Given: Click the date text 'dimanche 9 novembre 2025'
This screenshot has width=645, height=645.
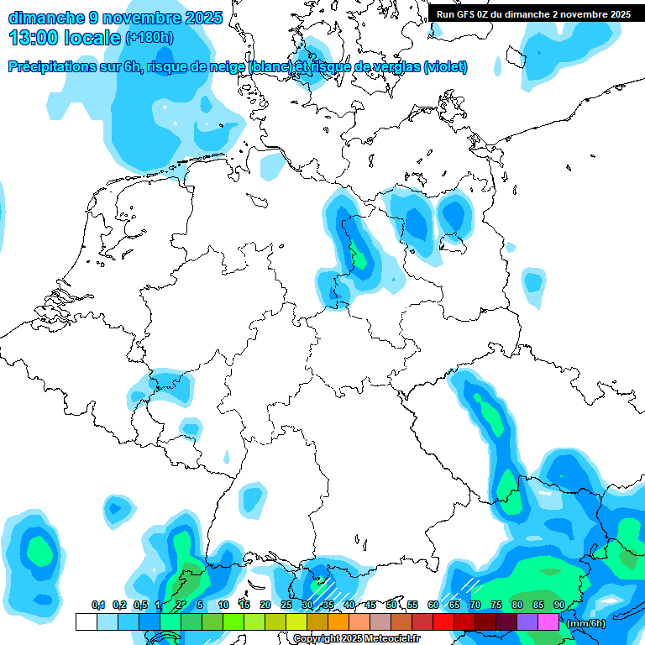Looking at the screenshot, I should coord(115,17).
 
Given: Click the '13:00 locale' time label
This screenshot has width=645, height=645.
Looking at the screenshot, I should coord(65,37).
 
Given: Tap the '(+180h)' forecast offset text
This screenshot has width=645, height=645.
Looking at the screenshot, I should coord(149,37).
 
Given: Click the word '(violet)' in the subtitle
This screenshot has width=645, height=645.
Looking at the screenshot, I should coord(446,67).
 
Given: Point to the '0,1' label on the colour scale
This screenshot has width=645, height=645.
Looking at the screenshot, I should coord(97,606).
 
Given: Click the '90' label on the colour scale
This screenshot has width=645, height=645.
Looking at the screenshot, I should coord(558,606).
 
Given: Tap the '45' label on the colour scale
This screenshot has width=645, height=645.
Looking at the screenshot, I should coord(370,606).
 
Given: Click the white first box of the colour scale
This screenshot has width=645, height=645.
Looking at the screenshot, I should coord(86,622).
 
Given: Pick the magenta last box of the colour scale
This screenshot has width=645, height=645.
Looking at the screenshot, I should coord(548,622).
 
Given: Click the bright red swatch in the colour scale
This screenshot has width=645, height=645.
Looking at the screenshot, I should coord(443,622).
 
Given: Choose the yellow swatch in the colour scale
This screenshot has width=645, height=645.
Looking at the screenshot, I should coord(296,622).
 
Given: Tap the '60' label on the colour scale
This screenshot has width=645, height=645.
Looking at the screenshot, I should coord(433,606).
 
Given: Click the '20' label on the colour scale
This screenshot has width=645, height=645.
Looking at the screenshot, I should coord(265,606).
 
